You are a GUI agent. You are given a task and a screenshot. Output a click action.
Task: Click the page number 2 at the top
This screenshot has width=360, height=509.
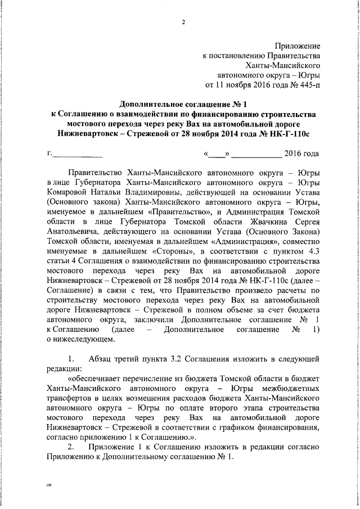[183, 22]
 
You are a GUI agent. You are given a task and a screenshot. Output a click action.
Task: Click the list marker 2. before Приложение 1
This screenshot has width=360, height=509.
[71, 446]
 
